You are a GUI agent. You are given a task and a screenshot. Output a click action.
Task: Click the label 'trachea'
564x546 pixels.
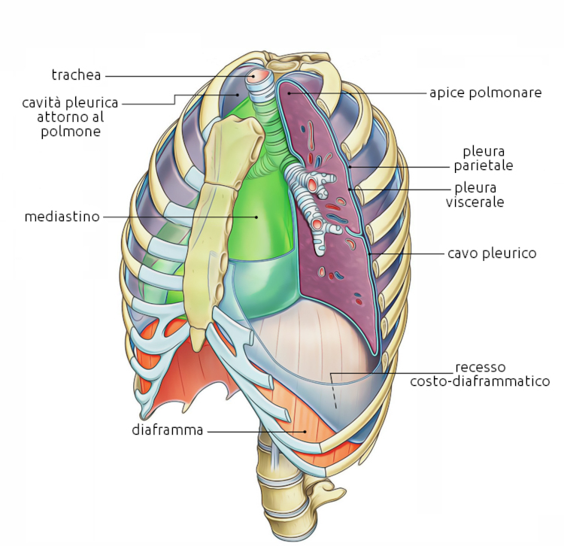pyautogui.click(x=76, y=74)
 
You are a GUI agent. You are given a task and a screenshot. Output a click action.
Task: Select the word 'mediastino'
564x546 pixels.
pyautogui.click(x=62, y=217)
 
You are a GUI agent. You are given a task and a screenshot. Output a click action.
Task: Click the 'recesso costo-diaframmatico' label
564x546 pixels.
pyautogui.click(x=480, y=375)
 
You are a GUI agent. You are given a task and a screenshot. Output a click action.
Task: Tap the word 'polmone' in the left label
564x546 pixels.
pyautogui.click(x=72, y=132)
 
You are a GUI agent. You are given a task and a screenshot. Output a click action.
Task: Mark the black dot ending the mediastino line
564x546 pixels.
pyautogui.click(x=256, y=217)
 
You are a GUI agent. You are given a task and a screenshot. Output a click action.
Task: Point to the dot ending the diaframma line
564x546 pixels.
pyautogui.click(x=305, y=431)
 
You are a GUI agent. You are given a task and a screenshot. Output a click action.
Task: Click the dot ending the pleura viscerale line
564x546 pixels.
pyautogui.click(x=350, y=190)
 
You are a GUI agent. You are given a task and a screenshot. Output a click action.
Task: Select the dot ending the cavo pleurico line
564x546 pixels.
pyautogui.click(x=371, y=255)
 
